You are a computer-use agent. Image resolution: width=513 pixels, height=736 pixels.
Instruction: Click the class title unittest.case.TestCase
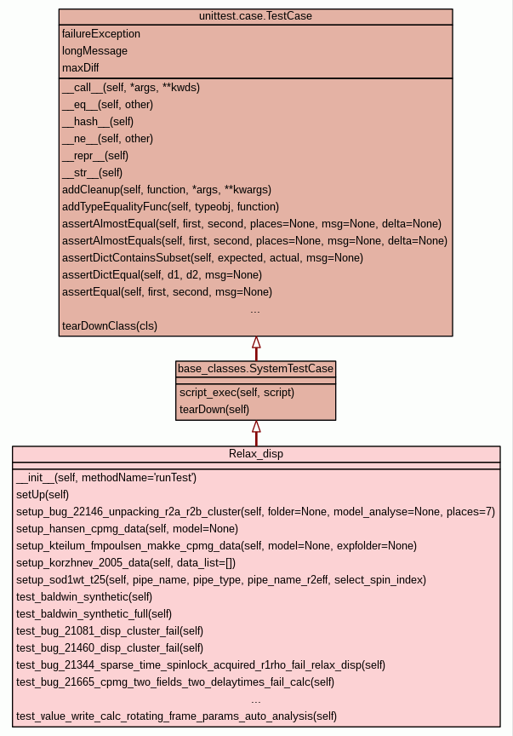[255, 17]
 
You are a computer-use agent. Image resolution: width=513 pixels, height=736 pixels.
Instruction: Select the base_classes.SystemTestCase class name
[255, 369]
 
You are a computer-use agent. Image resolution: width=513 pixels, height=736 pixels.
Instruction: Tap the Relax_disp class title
[256, 454]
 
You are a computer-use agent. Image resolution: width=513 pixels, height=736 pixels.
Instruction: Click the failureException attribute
[101, 34]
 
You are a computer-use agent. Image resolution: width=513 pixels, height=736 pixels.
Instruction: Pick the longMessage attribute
[94, 51]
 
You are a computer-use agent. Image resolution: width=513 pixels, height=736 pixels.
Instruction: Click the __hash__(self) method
[98, 121]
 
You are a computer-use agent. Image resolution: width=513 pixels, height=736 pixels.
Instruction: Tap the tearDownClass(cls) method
[110, 325]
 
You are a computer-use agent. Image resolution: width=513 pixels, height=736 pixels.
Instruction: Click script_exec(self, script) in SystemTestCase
[237, 392]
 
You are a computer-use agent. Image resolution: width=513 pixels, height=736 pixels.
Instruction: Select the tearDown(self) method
[214, 409]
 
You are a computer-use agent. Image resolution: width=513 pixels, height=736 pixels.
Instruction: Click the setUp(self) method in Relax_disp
[43, 494]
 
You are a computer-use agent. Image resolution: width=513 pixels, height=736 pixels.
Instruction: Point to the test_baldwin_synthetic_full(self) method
[94, 613]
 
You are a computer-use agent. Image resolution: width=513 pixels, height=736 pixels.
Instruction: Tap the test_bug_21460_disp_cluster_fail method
[110, 647]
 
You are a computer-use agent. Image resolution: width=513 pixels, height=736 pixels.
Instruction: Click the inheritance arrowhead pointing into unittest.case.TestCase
[255, 342]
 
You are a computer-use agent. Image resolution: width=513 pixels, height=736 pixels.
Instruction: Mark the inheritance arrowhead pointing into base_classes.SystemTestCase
[255, 427]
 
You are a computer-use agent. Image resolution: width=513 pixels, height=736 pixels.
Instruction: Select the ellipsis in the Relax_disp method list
[256, 699]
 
